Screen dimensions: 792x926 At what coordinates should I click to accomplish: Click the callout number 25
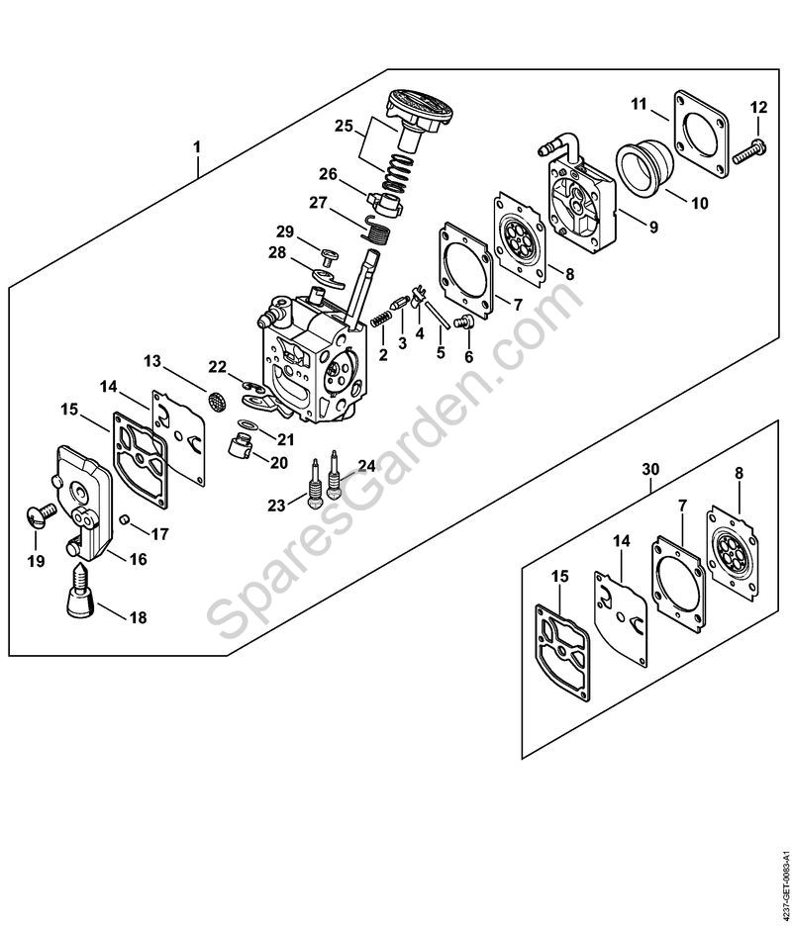point(344,126)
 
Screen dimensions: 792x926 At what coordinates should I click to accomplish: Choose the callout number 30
point(650,470)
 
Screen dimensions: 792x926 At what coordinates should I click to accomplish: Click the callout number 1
point(197,145)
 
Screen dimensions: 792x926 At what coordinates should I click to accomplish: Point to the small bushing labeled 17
point(124,519)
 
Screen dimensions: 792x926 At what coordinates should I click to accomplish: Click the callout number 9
point(652,227)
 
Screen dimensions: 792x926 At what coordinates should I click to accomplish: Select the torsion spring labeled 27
point(374,227)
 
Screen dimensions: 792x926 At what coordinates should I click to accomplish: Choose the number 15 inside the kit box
point(560,576)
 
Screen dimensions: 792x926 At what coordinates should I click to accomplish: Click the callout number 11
point(639,105)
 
